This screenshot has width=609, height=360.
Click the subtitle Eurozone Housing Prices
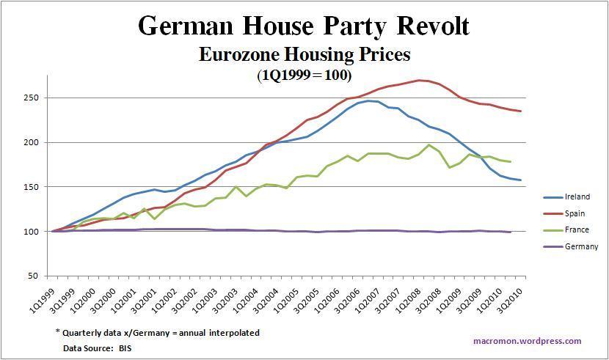tap(304, 54)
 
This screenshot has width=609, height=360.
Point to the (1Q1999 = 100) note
tap(304, 75)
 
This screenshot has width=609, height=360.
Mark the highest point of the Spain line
tap(419, 80)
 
